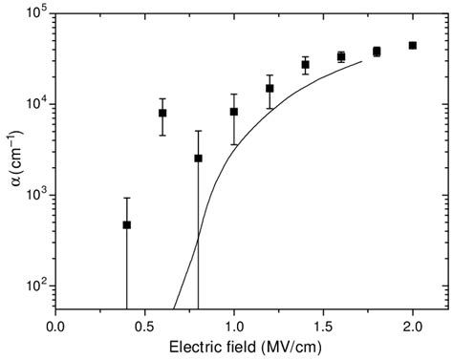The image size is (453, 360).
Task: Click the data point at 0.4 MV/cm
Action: (x=126, y=225)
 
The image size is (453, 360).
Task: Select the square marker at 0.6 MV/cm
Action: (x=162, y=113)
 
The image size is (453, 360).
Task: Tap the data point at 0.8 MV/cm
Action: (x=198, y=159)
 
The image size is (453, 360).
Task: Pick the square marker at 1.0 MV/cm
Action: (x=234, y=112)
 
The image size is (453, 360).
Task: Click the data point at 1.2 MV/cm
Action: (x=270, y=89)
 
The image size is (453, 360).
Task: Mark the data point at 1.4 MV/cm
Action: (x=306, y=65)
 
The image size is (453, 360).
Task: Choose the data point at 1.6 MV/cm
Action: (x=341, y=57)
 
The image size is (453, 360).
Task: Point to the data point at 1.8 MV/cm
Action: (x=377, y=52)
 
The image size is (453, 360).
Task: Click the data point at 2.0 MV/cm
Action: (x=413, y=45)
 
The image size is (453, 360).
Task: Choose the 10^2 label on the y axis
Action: (x=38, y=286)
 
